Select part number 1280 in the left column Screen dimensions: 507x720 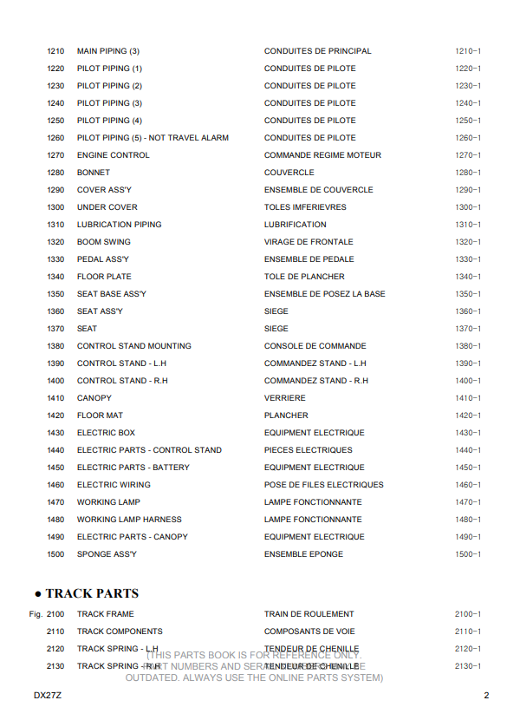55,173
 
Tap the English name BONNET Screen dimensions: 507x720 94,173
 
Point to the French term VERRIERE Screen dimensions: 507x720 285,398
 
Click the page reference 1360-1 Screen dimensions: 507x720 468,311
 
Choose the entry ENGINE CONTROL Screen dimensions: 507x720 114,155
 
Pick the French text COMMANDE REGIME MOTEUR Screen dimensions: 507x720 322,155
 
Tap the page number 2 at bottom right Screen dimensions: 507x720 486,696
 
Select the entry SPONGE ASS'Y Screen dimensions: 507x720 107,554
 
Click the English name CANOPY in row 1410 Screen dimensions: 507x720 94,398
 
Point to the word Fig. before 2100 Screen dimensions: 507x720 35,614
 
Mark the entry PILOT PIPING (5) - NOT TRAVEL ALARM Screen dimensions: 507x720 153,138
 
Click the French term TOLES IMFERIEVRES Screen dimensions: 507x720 305,207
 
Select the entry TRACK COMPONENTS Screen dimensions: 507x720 120,632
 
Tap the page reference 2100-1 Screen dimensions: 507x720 468,614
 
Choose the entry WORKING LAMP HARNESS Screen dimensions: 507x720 129,520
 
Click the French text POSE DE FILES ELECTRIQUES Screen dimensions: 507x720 323,485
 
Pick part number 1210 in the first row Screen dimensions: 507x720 55,51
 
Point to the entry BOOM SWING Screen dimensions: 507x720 104,242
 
